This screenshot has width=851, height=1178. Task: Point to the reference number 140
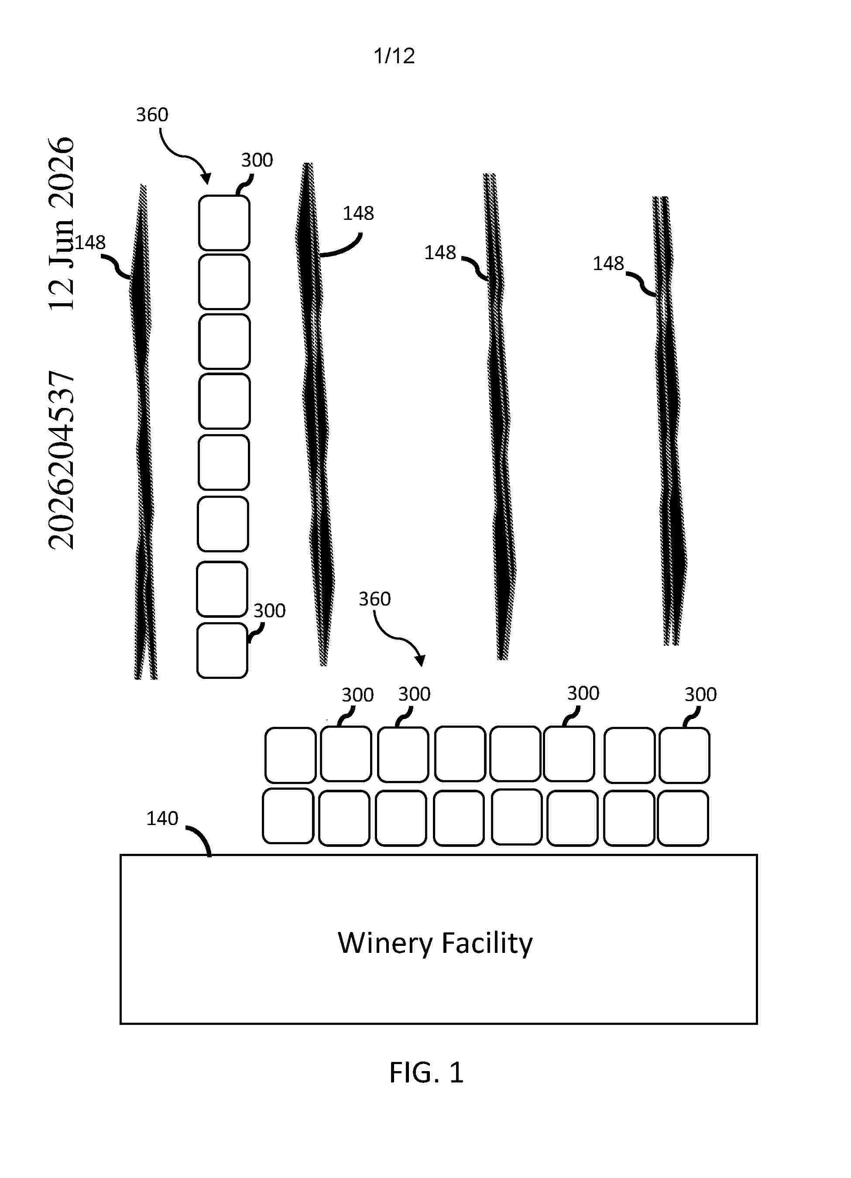point(162,818)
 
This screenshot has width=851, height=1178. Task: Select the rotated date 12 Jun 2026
point(61,224)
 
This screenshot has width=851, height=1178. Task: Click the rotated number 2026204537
point(61,460)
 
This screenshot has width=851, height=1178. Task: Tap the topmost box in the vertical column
point(224,223)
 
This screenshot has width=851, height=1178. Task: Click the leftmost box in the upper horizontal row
point(290,755)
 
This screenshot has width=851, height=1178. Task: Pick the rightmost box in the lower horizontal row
point(683,818)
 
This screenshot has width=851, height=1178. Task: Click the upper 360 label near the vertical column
point(152,115)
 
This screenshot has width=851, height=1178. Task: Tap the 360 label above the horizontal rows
point(374,599)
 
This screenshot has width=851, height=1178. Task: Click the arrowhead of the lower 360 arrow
point(421,661)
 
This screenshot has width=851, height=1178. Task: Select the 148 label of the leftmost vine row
point(90,243)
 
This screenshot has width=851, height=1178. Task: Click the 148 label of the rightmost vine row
point(608,264)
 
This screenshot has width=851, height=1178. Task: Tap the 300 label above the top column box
point(257,160)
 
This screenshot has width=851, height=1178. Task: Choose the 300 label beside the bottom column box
point(270,611)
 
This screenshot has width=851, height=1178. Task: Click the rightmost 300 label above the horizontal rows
point(700,695)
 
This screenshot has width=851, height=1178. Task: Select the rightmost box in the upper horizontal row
point(684,755)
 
